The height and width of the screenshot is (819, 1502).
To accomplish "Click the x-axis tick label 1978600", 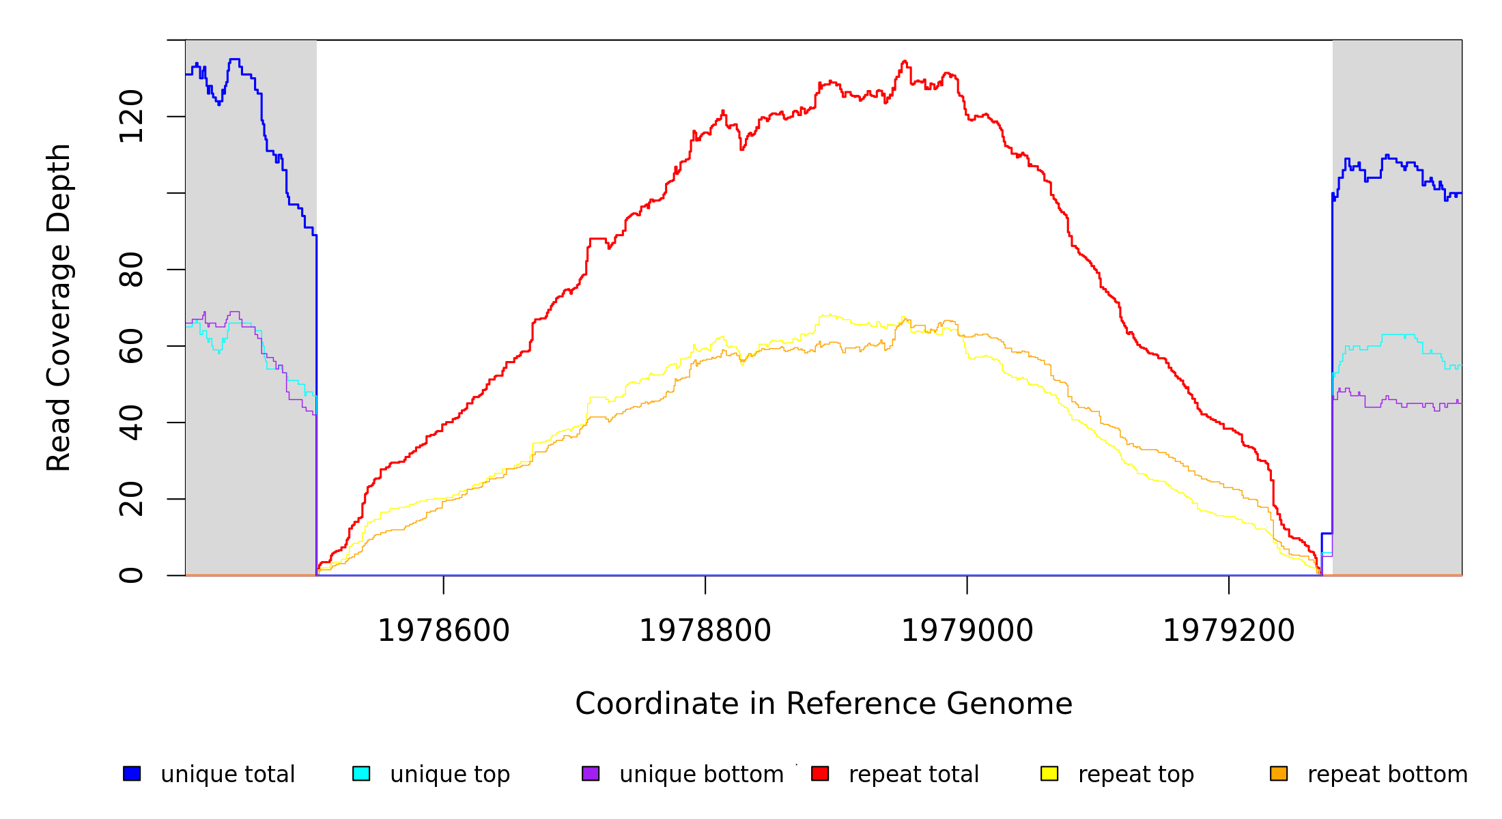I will pyautogui.click(x=444, y=631).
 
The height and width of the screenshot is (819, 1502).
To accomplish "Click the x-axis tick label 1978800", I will pyautogui.click(x=705, y=631).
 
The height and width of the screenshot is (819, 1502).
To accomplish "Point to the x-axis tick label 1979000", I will pyautogui.click(x=967, y=631).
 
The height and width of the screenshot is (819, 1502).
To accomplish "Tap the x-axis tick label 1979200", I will pyautogui.click(x=1228, y=631).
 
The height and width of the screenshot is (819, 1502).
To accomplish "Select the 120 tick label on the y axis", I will pyautogui.click(x=131, y=117).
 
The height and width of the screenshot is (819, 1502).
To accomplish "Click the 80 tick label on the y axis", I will pyautogui.click(x=131, y=270).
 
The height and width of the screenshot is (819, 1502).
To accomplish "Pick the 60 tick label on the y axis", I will pyautogui.click(x=131, y=346).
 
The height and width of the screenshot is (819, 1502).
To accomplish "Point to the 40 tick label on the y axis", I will pyautogui.click(x=131, y=422).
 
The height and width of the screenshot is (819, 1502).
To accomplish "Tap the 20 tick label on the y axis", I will pyautogui.click(x=131, y=499).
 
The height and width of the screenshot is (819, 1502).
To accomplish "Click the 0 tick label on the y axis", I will pyautogui.click(x=131, y=575).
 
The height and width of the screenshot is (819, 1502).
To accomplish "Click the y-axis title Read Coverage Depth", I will pyautogui.click(x=59, y=307).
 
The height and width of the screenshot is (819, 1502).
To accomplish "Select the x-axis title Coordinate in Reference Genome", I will pyautogui.click(x=823, y=704).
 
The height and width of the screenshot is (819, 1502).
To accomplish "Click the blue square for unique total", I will pyautogui.click(x=132, y=773).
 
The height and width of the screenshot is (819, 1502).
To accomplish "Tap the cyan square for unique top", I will pyautogui.click(x=361, y=773).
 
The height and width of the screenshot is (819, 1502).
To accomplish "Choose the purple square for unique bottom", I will pyautogui.click(x=591, y=773).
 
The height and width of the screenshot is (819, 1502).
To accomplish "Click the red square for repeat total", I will pyautogui.click(x=820, y=773).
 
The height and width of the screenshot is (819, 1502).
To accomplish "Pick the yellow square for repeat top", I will pyautogui.click(x=1049, y=773).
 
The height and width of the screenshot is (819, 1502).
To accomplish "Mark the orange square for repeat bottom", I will pyautogui.click(x=1279, y=773).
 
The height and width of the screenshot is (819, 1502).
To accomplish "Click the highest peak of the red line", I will pyautogui.click(x=904, y=61).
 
